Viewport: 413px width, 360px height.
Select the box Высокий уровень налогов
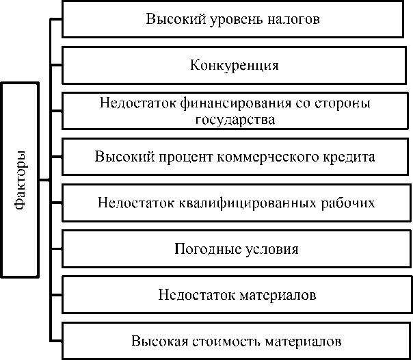click(x=232, y=19)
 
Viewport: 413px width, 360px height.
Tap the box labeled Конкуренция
click(x=232, y=66)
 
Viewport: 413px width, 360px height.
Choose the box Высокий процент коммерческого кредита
click(x=232, y=157)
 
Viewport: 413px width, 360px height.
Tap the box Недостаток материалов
click(x=232, y=295)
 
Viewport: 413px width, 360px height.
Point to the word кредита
click(x=350, y=157)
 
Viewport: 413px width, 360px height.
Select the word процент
click(x=180, y=157)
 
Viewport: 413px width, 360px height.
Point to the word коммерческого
click(x=270, y=157)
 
